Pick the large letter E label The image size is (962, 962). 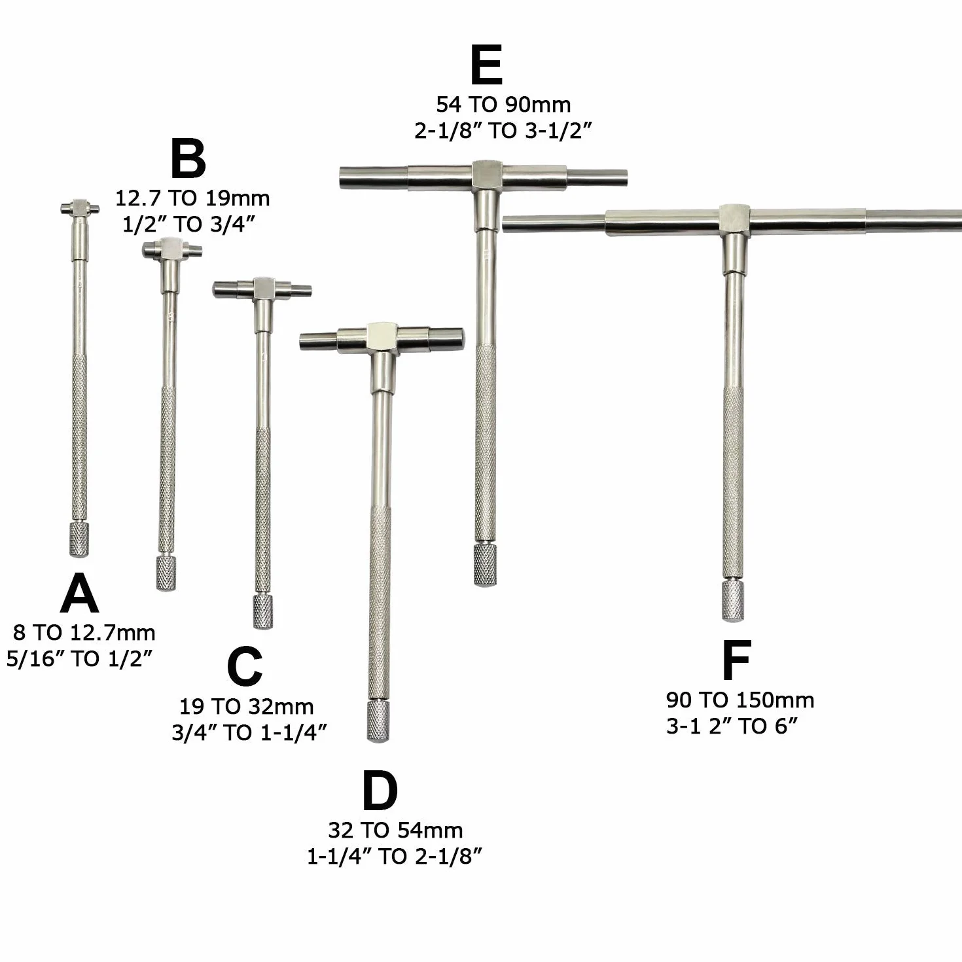486,65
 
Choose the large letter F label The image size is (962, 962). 736,660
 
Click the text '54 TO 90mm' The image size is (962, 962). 503,105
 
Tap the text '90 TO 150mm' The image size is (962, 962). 740,700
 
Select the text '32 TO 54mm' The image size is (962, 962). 395,830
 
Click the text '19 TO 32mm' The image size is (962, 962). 247,706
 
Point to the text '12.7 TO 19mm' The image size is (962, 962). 192,198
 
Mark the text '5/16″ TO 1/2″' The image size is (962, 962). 79,659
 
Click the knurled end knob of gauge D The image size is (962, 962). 378,721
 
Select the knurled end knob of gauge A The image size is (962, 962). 79,540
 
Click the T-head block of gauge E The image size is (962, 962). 486,176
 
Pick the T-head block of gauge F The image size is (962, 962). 734,220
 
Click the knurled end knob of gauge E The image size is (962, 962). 485,564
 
